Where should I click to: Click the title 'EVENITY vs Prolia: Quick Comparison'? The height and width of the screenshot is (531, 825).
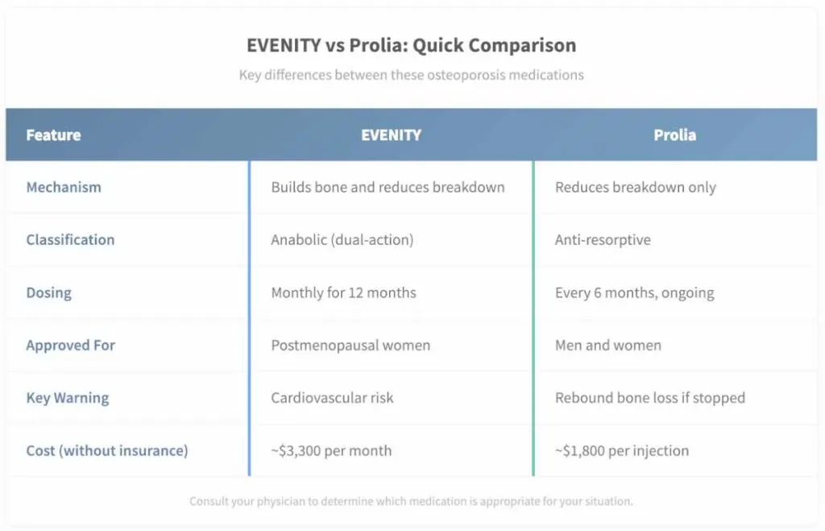point(412,45)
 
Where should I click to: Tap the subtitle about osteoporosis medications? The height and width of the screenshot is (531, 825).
point(412,75)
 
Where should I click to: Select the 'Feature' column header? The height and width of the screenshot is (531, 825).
point(54,135)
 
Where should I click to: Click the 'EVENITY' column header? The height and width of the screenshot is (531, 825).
point(391,135)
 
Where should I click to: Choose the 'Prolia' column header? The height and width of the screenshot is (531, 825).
point(675,135)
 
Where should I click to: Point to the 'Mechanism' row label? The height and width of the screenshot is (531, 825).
point(64,187)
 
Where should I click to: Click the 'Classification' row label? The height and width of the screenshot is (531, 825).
point(71,239)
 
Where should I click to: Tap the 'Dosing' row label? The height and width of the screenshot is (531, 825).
point(49,292)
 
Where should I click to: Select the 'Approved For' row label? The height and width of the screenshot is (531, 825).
point(71,345)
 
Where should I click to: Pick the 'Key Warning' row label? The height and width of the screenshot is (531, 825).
point(68,398)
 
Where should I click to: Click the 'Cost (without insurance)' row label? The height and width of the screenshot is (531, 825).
point(107,450)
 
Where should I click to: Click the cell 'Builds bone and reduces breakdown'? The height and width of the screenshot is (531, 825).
point(388,187)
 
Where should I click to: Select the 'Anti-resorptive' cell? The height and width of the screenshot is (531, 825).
point(603,240)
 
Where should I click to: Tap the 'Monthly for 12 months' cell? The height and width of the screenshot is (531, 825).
point(343,292)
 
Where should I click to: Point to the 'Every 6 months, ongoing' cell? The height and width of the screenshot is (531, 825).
point(635,292)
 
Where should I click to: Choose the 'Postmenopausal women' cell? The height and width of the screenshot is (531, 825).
point(351,345)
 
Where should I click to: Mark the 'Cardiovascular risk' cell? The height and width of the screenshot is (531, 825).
point(332,398)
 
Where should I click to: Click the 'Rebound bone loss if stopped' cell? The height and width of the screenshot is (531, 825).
point(650,398)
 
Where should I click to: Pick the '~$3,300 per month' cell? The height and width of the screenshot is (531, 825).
point(331,450)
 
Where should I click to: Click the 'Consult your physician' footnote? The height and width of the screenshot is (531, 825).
point(412,501)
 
